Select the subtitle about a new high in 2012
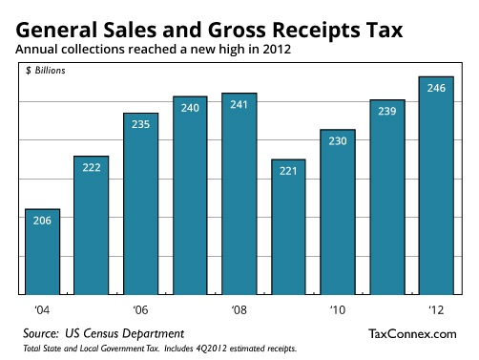click(x=153, y=48)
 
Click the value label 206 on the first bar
click(x=42, y=222)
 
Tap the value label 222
click(x=92, y=168)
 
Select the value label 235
click(x=141, y=125)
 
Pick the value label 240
click(x=190, y=109)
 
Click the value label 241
click(x=239, y=105)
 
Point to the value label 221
click(x=289, y=172)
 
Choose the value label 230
click(x=338, y=141)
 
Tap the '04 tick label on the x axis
click(x=42, y=310)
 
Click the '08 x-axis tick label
click(x=239, y=310)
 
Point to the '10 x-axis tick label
click(x=338, y=310)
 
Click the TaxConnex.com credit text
click(x=412, y=332)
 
